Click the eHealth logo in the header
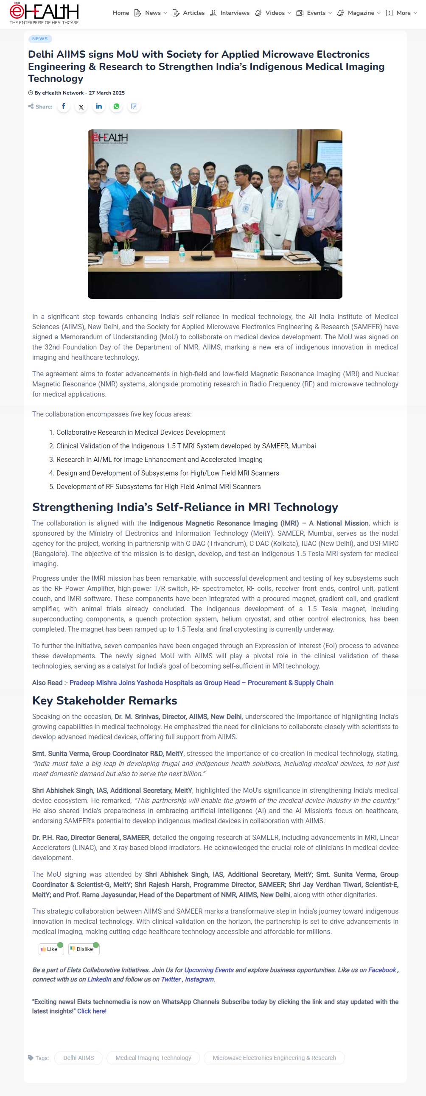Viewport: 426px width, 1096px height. click(x=44, y=13)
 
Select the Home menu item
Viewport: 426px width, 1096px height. click(x=121, y=13)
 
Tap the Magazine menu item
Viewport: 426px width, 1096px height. click(x=361, y=13)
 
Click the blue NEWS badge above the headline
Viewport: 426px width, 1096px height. click(x=40, y=39)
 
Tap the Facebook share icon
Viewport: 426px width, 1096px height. click(x=63, y=106)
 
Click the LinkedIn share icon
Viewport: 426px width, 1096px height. click(x=99, y=106)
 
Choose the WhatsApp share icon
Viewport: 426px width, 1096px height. click(x=116, y=106)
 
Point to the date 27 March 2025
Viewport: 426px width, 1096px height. click(x=107, y=93)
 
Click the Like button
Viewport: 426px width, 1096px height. click(x=51, y=949)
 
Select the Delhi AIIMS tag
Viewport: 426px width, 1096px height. click(x=78, y=1058)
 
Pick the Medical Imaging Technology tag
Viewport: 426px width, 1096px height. click(x=153, y=1058)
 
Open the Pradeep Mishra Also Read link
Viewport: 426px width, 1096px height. click(x=201, y=682)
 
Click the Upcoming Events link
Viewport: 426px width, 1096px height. click(x=209, y=970)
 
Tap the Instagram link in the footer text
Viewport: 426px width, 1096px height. click(x=199, y=979)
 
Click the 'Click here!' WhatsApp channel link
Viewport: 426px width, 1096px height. click(x=92, y=1011)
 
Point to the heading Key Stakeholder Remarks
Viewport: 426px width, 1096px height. click(x=105, y=700)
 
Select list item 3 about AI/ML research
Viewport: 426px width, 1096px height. click(x=159, y=459)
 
